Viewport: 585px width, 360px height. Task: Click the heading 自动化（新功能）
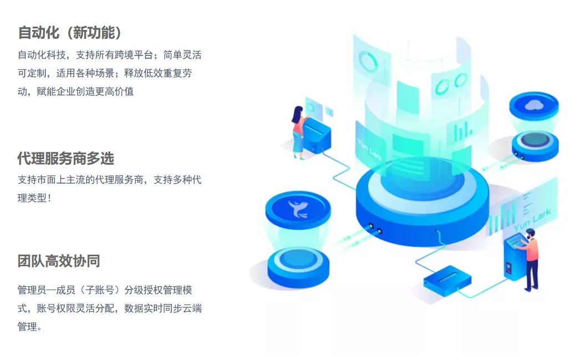(x=70, y=33)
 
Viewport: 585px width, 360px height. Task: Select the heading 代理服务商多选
(x=65, y=159)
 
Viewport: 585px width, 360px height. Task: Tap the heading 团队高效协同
(x=58, y=261)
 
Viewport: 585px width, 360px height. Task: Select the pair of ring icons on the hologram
(x=450, y=84)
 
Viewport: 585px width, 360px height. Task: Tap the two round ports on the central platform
(x=375, y=228)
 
